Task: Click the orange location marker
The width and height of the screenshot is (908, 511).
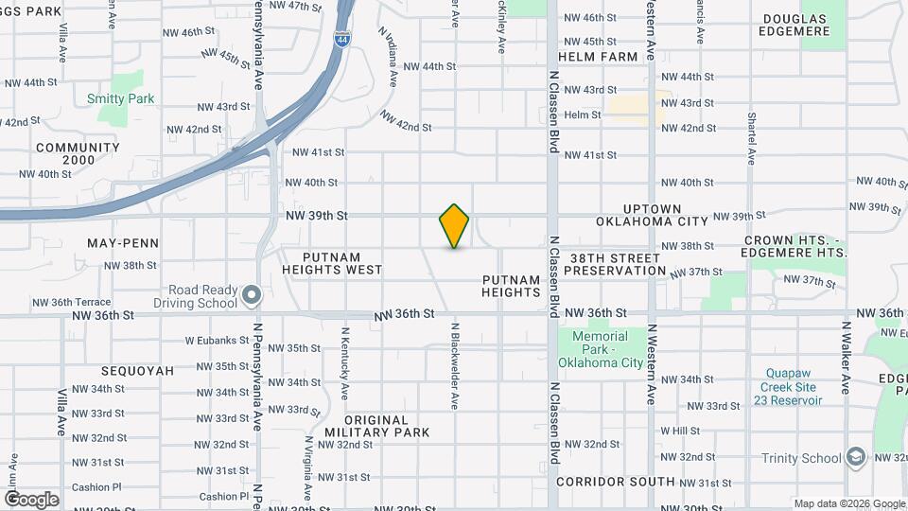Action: (454, 226)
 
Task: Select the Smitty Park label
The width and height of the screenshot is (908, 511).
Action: (120, 98)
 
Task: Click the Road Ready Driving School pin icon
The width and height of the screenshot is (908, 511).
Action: (251, 296)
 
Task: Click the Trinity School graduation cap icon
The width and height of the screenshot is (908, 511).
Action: (857, 457)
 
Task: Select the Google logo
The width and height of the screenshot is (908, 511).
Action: (30, 499)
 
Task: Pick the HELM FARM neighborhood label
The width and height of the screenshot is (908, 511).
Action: (598, 57)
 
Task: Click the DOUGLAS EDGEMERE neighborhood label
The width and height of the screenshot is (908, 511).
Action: (794, 25)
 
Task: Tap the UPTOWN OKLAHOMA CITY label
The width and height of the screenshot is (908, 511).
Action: (652, 215)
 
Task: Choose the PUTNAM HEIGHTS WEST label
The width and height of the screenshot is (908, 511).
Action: (332, 263)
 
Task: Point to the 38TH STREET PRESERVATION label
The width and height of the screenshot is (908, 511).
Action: (615, 264)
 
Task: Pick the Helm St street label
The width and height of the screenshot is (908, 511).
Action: (582, 115)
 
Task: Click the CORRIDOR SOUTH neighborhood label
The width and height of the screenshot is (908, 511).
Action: (615, 482)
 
